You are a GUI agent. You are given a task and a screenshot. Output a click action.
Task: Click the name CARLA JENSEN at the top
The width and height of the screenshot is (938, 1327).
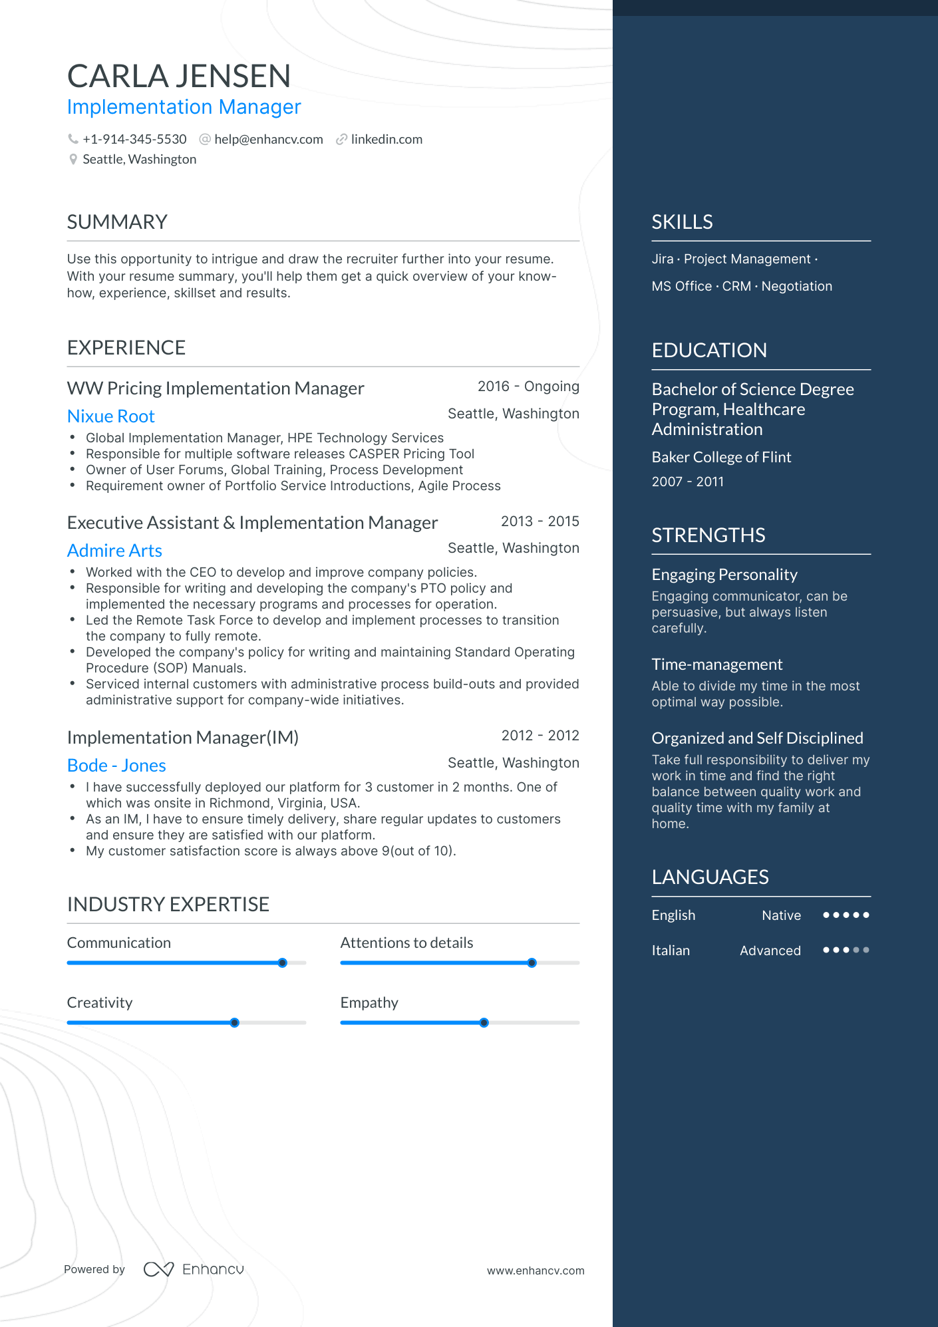coord(179,76)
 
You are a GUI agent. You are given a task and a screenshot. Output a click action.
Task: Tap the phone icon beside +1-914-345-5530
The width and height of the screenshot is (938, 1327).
coord(73,139)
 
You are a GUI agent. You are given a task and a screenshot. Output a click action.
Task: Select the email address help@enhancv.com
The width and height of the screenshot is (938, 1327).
coord(268,139)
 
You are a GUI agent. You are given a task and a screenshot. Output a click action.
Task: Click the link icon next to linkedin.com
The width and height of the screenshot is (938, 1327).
coord(341,139)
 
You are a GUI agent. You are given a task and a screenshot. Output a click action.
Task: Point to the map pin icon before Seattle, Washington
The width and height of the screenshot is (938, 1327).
coord(73,160)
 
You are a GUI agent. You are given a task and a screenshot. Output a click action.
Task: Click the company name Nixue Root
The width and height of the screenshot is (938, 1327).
coord(111,416)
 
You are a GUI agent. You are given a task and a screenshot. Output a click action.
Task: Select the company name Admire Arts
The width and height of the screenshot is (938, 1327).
coord(114,551)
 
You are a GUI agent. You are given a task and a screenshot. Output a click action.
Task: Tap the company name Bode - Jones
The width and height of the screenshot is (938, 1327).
coord(116,766)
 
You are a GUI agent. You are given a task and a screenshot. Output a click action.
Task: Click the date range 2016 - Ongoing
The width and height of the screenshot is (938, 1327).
coord(528,386)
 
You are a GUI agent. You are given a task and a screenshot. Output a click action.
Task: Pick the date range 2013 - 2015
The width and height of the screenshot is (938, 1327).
coord(540,521)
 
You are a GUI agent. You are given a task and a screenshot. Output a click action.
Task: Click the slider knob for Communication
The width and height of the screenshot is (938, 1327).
coord(282,962)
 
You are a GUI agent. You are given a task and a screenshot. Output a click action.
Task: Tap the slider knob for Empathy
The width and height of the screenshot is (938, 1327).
coord(484,1022)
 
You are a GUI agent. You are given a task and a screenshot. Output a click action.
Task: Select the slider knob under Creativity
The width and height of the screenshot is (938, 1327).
coord(234,1022)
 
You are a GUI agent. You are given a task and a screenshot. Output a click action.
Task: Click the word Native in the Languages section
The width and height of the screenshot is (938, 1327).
coord(781,915)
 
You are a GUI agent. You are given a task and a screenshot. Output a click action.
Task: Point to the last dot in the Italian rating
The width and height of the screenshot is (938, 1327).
coord(865,950)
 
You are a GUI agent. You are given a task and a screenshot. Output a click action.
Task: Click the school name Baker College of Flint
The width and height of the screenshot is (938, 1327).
coord(721,457)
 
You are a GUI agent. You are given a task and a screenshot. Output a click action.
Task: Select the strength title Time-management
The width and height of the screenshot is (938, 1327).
coord(716,664)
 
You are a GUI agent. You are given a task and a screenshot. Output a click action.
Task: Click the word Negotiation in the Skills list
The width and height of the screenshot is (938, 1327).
coord(796,286)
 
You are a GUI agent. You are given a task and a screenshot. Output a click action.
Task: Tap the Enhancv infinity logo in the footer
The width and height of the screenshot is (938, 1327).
coord(158,1269)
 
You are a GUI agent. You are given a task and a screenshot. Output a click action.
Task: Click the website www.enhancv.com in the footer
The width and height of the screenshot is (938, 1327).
coord(535,1270)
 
